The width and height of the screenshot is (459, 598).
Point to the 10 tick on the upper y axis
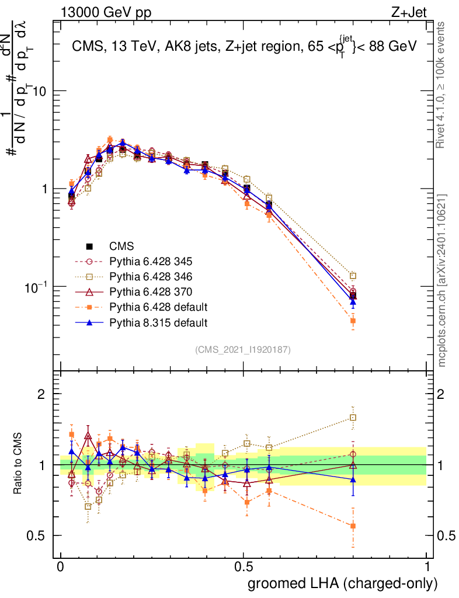(x=44, y=92)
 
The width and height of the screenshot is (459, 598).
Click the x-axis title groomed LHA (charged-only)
(x=343, y=584)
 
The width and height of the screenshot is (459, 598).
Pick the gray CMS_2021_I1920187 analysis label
(x=243, y=349)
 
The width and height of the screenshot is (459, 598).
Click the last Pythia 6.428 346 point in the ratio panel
(x=353, y=418)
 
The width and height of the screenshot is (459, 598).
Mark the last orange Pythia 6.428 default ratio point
(x=353, y=526)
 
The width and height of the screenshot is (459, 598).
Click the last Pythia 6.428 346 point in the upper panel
(x=353, y=276)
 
